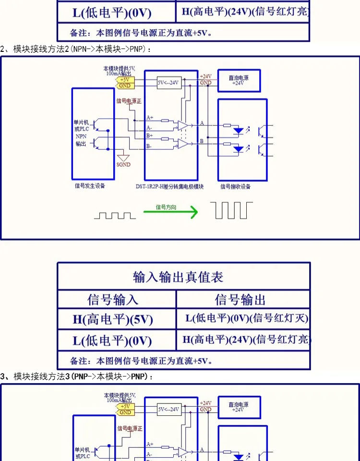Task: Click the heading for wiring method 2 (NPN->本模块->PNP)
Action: pos(77,49)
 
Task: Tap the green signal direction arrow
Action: pos(170,212)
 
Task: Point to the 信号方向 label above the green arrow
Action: pos(166,207)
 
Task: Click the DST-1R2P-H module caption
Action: pos(170,186)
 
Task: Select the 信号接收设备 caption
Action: pos(235,186)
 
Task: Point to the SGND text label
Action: pos(123,164)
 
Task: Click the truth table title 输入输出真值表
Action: pos(178,277)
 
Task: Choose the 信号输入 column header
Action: pos(113,300)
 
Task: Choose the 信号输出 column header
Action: pos(240,300)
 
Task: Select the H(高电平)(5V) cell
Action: pos(113,319)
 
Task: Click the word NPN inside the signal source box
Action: pos(81,136)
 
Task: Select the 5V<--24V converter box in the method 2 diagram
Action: pos(168,83)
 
